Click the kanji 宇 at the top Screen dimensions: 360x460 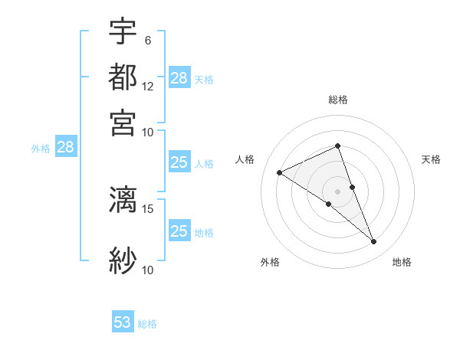pyautogui.click(x=123, y=31)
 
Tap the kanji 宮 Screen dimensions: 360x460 pyautogui.click(x=123, y=122)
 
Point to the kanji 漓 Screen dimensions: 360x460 pyautogui.click(x=123, y=199)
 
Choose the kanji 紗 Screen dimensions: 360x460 pyautogui.click(x=123, y=260)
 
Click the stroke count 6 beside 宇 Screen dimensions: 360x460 pyautogui.click(x=147, y=41)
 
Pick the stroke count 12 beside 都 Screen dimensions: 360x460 pyautogui.click(x=148, y=86)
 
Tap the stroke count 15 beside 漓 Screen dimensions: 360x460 pyautogui.click(x=148, y=208)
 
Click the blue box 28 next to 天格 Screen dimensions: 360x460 pyautogui.click(x=179, y=78)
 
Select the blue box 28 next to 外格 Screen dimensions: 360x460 pyautogui.click(x=65, y=148)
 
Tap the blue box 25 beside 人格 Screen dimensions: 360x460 pyautogui.click(x=179, y=162)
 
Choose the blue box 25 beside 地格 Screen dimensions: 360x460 pyautogui.click(x=179, y=231)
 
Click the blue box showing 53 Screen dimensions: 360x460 pyautogui.click(x=123, y=322)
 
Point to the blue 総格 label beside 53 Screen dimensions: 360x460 pyautogui.click(x=147, y=324)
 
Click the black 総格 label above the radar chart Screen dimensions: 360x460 pyautogui.click(x=337, y=100)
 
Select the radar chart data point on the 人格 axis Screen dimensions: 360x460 pyautogui.click(x=279, y=173)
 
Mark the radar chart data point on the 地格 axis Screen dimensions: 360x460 pyautogui.click(x=374, y=242)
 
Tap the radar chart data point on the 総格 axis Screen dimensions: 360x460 pyautogui.click(x=337, y=146)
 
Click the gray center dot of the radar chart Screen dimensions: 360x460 pyautogui.click(x=337, y=191)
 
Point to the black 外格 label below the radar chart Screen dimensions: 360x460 pyautogui.click(x=270, y=263)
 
